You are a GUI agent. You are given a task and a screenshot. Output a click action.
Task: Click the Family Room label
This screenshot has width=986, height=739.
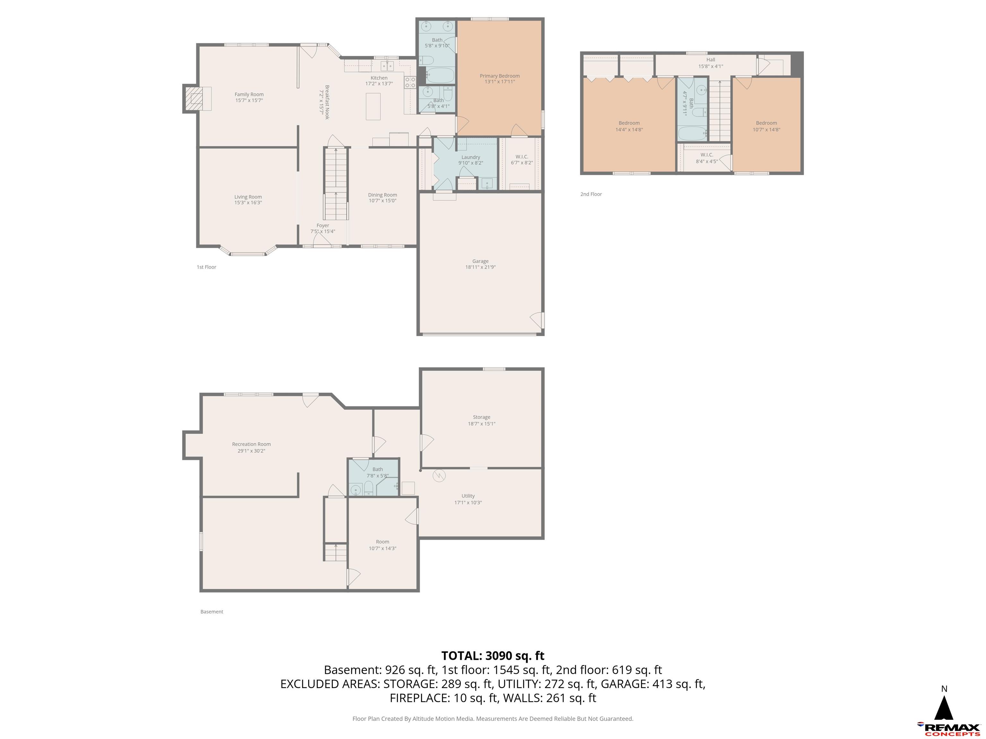point(249,94)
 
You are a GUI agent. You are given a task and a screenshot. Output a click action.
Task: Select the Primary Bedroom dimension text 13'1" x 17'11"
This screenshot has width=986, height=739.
point(500,82)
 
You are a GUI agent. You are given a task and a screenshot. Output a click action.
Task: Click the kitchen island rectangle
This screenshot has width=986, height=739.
point(373,106)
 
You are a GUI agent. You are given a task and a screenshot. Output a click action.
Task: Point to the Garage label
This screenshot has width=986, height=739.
point(480,261)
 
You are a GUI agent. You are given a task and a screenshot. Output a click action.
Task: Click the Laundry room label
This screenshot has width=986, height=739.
point(471,157)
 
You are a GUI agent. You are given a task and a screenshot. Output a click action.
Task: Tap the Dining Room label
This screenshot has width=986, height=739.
point(383,195)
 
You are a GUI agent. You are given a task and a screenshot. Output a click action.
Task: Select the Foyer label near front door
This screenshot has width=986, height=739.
point(323,226)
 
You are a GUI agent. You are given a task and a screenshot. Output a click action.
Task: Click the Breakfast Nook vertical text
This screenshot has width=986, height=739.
point(327,102)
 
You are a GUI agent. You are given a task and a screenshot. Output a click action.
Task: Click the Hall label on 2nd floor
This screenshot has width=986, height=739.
point(711,60)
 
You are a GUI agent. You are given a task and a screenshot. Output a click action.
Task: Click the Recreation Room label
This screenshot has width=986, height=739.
point(251,444)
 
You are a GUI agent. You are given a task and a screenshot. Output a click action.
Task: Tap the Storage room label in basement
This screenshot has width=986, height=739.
point(481,417)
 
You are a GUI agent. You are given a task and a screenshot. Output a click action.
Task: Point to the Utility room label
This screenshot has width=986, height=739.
point(468,496)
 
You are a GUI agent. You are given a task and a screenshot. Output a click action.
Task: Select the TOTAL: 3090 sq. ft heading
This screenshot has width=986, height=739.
point(493,656)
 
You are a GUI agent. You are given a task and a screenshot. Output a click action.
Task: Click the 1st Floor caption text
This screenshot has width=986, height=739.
point(206,267)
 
